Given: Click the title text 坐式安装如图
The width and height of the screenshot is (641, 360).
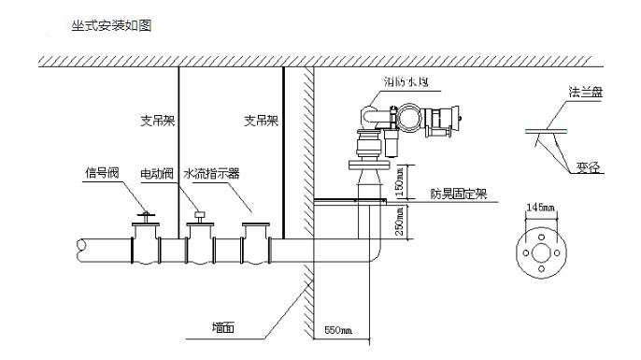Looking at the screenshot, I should tap(111, 26).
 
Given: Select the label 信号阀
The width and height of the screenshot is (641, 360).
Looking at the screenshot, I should tap(100, 172).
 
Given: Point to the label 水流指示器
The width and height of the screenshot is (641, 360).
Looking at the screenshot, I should tap(211, 173).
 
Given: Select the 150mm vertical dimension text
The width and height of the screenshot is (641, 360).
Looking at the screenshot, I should tap(401, 180).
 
